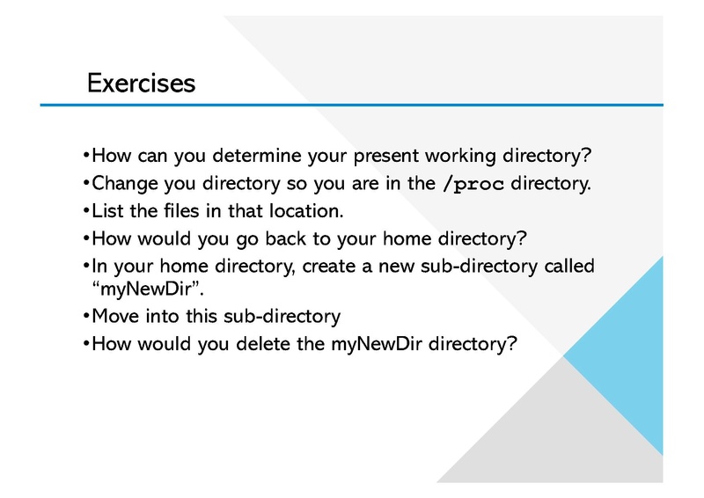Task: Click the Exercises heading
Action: pos(142,83)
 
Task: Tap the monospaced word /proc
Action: pos(473,184)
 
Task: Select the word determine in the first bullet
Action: pos(257,156)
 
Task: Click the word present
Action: pos(386,157)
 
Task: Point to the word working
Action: pos(460,157)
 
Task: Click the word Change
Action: pos(125,184)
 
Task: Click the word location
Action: pos(306,210)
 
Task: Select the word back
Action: pos(285,238)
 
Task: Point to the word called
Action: pos(569,266)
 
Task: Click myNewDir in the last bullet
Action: pos(377,345)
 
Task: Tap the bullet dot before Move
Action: pos(85,316)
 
